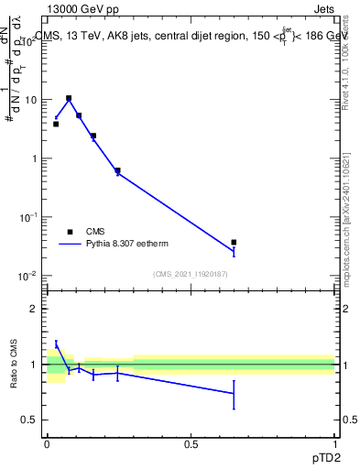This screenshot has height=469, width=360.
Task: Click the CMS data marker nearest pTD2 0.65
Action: pyautogui.click(x=235, y=243)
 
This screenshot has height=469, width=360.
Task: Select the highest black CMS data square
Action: pyautogui.click(x=69, y=98)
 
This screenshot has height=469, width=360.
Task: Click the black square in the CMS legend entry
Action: pyautogui.click(x=70, y=232)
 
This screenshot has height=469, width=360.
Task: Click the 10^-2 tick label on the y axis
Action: pyautogui.click(x=28, y=276)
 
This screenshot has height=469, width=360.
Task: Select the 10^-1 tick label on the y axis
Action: pyautogui.click(x=28, y=217)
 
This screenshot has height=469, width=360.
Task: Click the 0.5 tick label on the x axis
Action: pyautogui.click(x=191, y=442)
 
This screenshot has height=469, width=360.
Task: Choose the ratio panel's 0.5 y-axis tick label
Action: pyautogui.click(x=31, y=420)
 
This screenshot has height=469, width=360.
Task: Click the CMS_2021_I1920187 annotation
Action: pyautogui.click(x=190, y=274)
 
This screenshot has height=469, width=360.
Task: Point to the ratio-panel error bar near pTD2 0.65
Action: pyautogui.click(x=235, y=395)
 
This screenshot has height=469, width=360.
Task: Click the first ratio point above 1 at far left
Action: pyautogui.click(x=56, y=344)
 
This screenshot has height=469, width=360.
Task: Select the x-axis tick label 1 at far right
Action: pyautogui.click(x=334, y=442)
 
